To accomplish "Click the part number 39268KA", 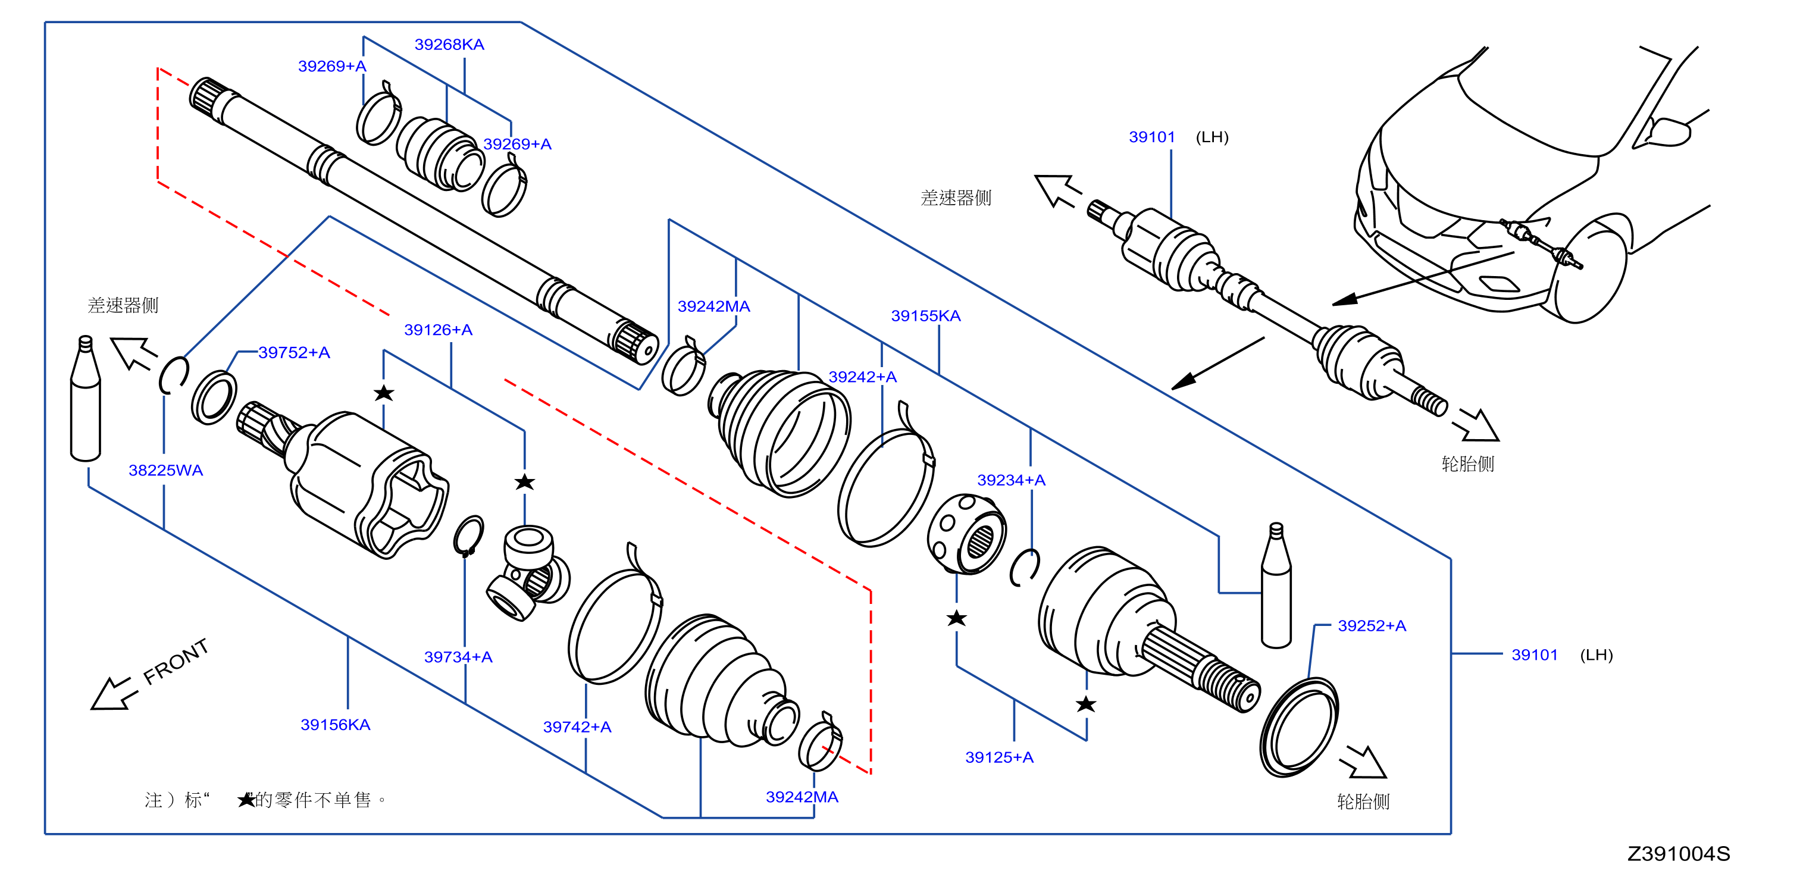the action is point(449,45).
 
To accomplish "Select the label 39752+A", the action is point(294,353).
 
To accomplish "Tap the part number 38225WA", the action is point(165,470).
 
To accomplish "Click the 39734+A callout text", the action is point(458,657).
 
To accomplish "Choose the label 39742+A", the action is point(577,727).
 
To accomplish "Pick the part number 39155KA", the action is point(926,316).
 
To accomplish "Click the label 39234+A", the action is point(1011,480).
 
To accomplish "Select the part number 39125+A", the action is point(999,757).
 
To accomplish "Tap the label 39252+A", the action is point(1372,626).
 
